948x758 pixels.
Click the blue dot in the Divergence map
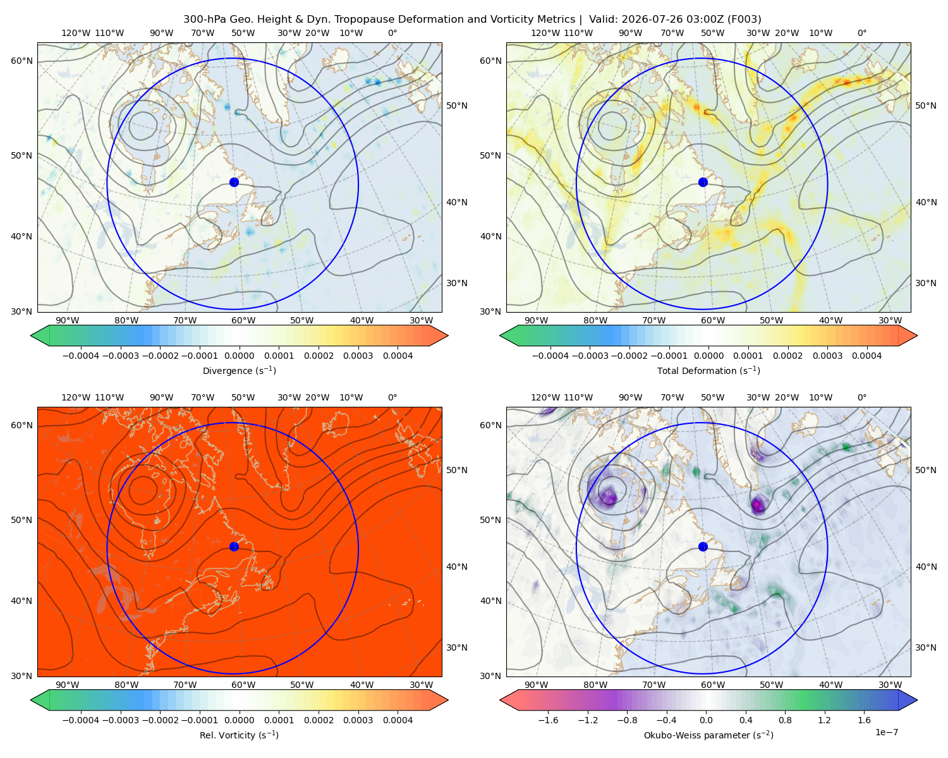(234, 183)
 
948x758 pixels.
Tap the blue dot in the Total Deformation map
(703, 183)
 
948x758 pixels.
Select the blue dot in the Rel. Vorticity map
(234, 546)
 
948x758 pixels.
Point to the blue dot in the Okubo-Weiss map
(703, 546)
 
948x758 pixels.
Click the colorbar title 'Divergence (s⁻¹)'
(239, 370)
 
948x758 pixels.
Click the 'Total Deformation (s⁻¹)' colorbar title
(708, 370)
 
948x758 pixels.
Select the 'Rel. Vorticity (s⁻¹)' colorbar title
(239, 735)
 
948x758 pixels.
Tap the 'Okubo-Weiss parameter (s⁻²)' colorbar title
(708, 735)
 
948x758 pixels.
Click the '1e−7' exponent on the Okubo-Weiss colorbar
(886, 732)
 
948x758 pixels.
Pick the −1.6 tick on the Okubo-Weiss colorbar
(548, 720)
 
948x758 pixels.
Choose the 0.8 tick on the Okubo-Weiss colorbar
(785, 720)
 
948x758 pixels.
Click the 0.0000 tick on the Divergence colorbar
(239, 356)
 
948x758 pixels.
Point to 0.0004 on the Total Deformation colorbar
(866, 356)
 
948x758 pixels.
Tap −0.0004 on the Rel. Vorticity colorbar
(81, 720)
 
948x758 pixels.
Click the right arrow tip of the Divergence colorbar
(448, 336)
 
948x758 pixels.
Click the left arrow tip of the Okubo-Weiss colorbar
(500, 701)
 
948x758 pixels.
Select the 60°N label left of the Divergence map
(21, 61)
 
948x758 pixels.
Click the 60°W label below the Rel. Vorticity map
(243, 685)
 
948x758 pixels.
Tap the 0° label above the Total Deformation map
(861, 33)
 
